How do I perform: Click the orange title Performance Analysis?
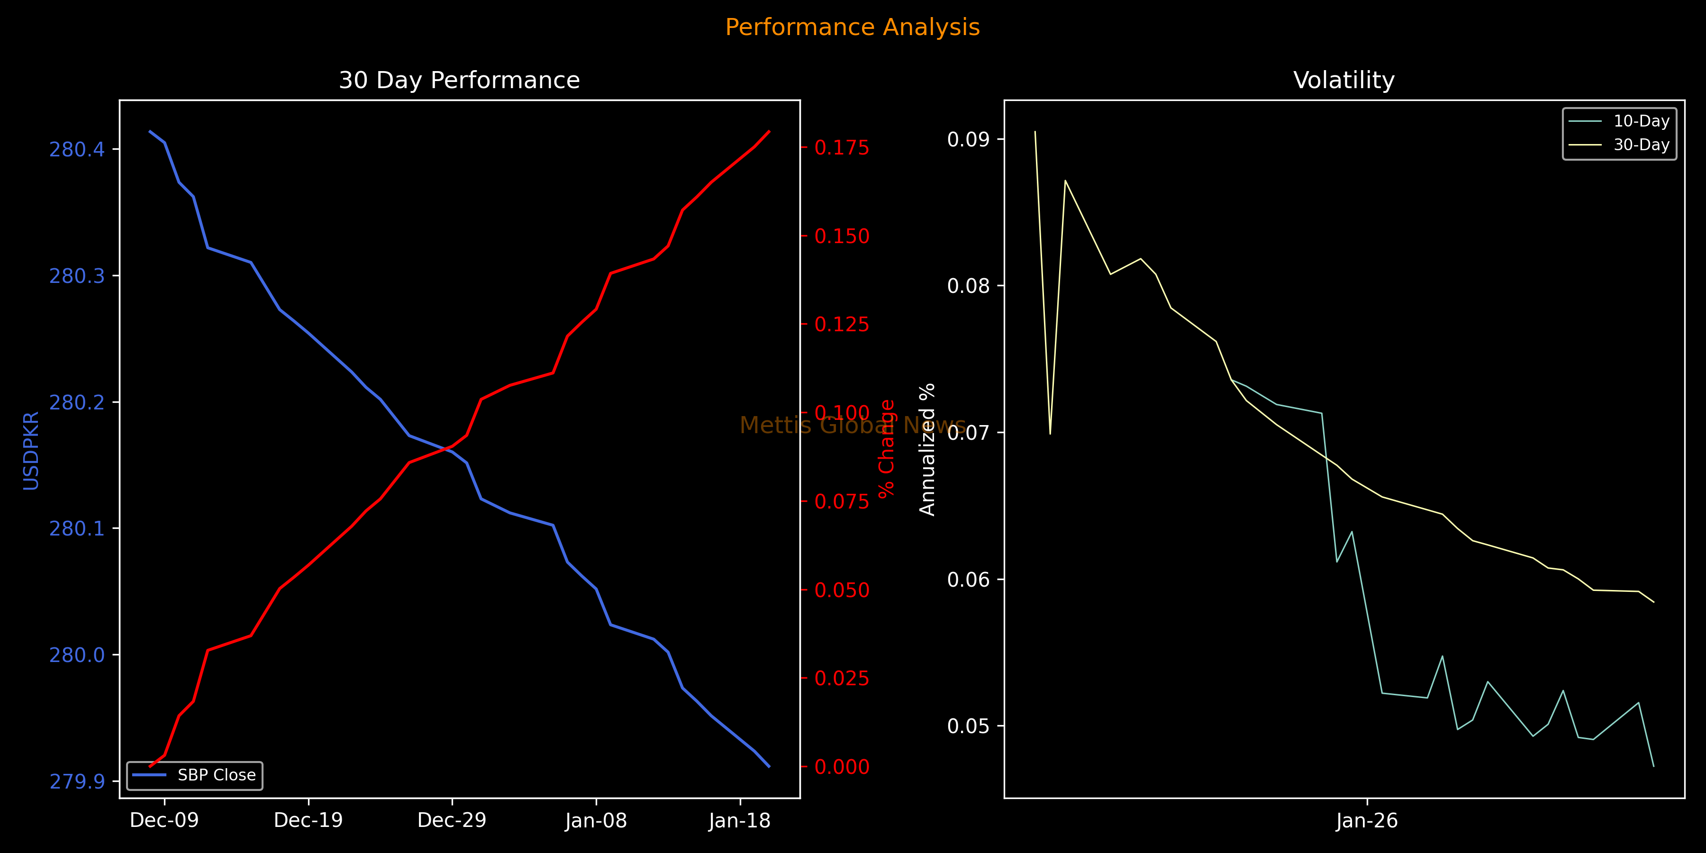pyautogui.click(x=853, y=27)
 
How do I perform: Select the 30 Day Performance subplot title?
pyautogui.click(x=459, y=80)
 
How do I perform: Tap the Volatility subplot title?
pyautogui.click(x=1344, y=80)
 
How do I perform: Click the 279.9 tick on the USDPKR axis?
pyautogui.click(x=77, y=781)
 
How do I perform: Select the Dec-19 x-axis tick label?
pyautogui.click(x=308, y=821)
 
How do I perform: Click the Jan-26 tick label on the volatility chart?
pyautogui.click(x=1367, y=821)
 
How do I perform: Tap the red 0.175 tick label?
pyautogui.click(x=842, y=148)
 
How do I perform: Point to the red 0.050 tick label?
pyautogui.click(x=842, y=590)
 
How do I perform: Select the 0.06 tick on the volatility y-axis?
pyautogui.click(x=968, y=580)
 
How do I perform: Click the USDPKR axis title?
pyautogui.click(x=31, y=450)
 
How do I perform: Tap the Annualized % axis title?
pyautogui.click(x=927, y=449)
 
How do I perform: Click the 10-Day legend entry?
pyautogui.click(x=1641, y=121)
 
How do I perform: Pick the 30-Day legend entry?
pyautogui.click(x=1641, y=145)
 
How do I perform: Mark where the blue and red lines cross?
pyautogui.click(x=446, y=448)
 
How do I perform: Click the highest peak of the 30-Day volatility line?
pyautogui.click(x=1035, y=131)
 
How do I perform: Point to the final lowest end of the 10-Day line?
pyautogui.click(x=1654, y=766)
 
